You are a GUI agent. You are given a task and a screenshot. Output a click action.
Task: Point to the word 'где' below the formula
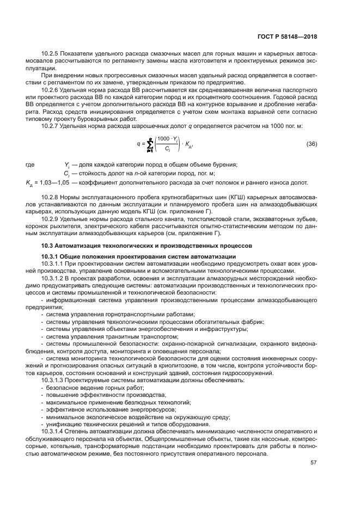point(30,164)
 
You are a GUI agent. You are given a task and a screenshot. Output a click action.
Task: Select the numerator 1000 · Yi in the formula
point(168,139)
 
